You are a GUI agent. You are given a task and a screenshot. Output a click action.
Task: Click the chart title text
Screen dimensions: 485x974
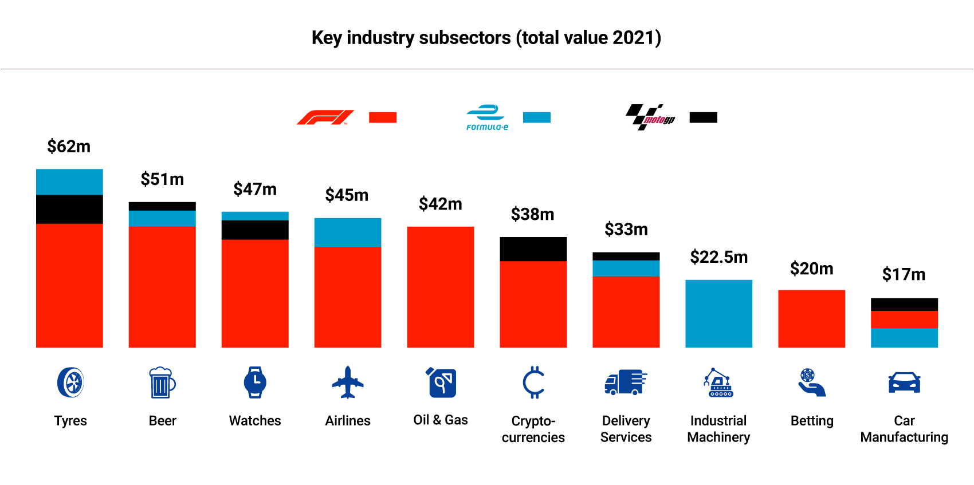tap(486, 38)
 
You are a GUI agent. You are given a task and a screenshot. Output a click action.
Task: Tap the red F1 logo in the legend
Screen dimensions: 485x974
tap(325, 117)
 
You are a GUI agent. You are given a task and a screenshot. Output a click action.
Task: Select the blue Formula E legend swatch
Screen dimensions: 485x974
tap(536, 117)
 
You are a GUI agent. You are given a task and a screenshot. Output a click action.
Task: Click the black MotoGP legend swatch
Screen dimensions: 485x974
tap(703, 117)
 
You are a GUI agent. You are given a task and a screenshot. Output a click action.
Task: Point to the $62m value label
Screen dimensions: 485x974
tap(69, 147)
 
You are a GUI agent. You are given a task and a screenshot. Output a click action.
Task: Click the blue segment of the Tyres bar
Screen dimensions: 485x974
tap(69, 182)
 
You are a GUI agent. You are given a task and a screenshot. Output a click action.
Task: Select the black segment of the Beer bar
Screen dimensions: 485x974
tap(162, 206)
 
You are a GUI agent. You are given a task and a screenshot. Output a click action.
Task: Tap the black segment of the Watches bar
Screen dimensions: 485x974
tap(255, 230)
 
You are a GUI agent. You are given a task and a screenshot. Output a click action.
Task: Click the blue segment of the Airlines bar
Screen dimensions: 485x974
tap(348, 232)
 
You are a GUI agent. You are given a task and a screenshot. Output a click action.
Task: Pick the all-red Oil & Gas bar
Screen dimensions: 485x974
tap(441, 286)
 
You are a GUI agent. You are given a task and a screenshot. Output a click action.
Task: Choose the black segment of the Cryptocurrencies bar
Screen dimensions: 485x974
tap(533, 249)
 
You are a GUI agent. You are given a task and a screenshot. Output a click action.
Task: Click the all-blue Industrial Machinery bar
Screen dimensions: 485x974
tap(718, 313)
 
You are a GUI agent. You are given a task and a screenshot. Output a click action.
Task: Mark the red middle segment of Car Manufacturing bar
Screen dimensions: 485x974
tap(904, 320)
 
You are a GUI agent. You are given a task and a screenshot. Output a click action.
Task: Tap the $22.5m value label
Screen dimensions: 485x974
tap(718, 257)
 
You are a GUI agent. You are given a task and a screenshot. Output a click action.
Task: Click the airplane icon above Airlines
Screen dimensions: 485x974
tap(348, 383)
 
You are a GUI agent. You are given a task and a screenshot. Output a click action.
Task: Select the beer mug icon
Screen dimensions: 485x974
tap(162, 383)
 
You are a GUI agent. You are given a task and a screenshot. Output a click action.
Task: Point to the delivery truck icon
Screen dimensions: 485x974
tap(626, 383)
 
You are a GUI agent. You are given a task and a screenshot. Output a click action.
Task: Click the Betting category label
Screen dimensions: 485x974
tap(811, 421)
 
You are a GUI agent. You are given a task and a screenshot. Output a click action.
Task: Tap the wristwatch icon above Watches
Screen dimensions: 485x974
tap(255, 383)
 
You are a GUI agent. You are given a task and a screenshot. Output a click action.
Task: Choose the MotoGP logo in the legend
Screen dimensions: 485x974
tap(650, 117)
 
